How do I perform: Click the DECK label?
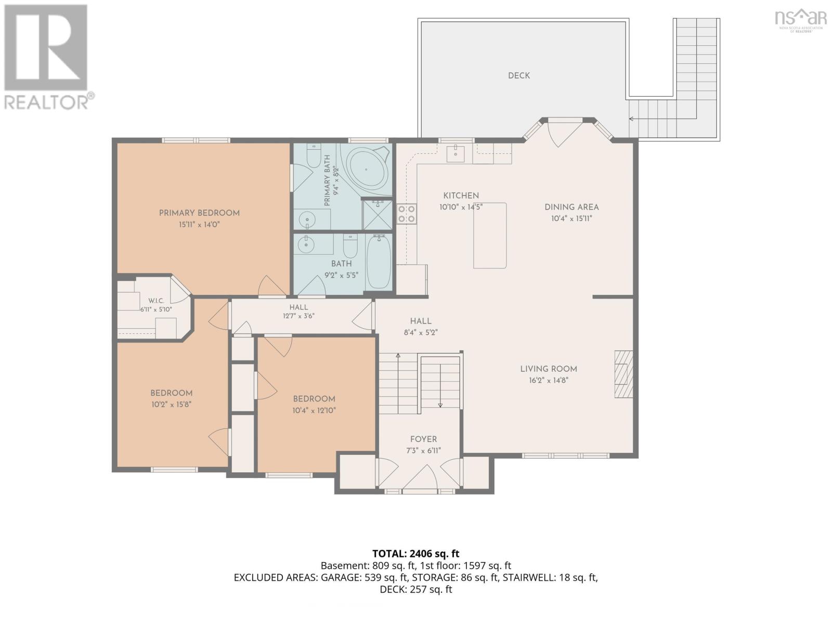pyautogui.click(x=518, y=76)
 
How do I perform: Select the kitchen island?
pyautogui.click(x=490, y=235)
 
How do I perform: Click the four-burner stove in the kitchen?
pyautogui.click(x=406, y=214)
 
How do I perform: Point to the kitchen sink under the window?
pyautogui.click(x=455, y=153)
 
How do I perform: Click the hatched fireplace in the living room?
pyautogui.click(x=623, y=374)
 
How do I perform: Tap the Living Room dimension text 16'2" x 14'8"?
pyautogui.click(x=548, y=380)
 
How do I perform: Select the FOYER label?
pyautogui.click(x=423, y=439)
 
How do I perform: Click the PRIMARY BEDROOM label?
pyautogui.click(x=199, y=213)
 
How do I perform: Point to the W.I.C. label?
pyautogui.click(x=156, y=301)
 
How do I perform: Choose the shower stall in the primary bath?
pyautogui.click(x=378, y=215)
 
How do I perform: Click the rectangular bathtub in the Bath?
pyautogui.click(x=379, y=262)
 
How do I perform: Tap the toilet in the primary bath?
pyautogui.click(x=314, y=155)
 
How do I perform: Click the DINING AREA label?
pyautogui.click(x=571, y=207)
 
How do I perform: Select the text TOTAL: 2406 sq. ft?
pyautogui.click(x=416, y=553)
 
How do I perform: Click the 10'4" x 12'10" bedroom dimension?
pyautogui.click(x=314, y=410)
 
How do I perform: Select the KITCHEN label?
pyautogui.click(x=461, y=196)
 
